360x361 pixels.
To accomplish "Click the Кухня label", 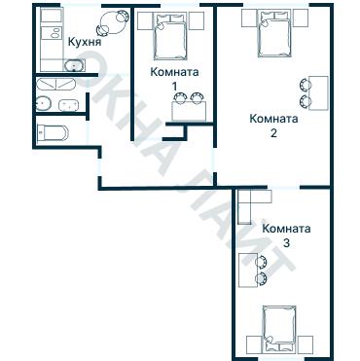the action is point(85,42).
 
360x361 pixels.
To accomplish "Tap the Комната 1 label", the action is point(174,79).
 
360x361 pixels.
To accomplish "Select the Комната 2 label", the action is point(273,126).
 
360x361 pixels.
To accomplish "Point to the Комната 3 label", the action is point(286,235).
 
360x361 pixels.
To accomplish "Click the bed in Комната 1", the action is point(171,36).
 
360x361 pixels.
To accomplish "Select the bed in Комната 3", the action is point(279,329).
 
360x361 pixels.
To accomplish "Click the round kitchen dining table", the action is point(111,22).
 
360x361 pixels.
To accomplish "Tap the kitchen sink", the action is point(75,65).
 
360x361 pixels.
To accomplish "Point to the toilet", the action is point(53,132).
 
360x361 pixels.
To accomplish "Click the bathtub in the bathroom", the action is point(55,84).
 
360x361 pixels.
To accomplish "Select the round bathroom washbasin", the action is point(44,103).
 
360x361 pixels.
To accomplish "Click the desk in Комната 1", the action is point(190,111).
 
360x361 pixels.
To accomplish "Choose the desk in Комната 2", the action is point(318,93).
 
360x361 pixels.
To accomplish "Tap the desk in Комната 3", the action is point(248,271).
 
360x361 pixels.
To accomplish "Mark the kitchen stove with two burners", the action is point(52,33).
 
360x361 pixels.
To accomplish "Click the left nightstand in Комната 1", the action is point(145,21).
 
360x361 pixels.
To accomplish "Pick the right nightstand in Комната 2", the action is point(301,18).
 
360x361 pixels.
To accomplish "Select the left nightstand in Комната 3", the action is point(254,344).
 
